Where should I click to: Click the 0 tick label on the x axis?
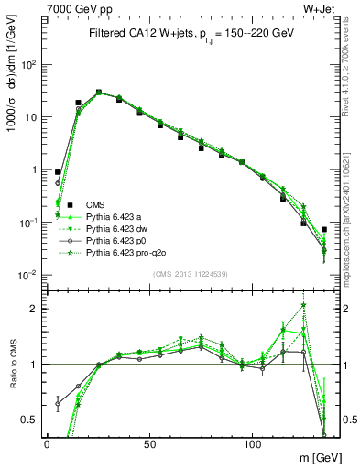(x=47, y=443)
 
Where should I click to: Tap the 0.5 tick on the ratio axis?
(x=32, y=420)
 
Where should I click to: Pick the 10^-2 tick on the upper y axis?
(x=30, y=275)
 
